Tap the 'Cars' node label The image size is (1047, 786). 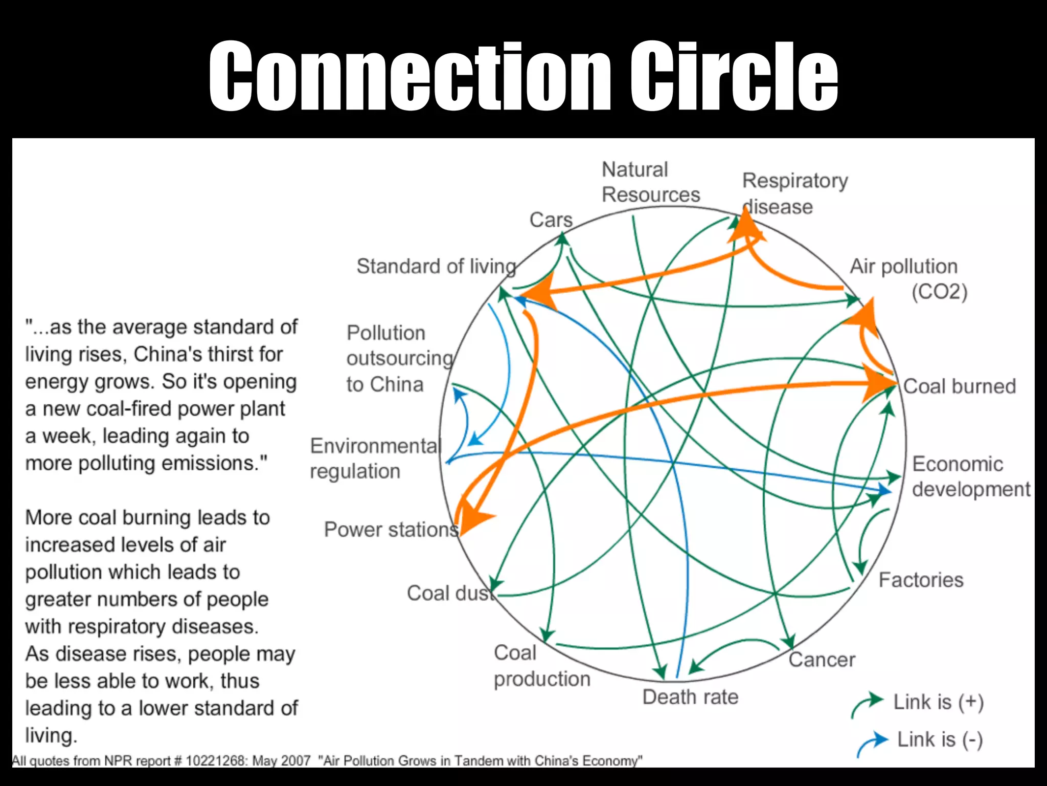551,220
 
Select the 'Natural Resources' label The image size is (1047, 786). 650,182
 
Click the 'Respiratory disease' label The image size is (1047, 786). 794,193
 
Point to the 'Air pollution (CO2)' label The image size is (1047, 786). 907,279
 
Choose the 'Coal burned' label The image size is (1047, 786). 959,386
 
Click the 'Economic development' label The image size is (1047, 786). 970,476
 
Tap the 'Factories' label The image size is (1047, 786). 921,580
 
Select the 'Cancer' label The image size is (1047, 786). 822,660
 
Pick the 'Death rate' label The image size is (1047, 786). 690,697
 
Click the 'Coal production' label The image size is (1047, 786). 541,666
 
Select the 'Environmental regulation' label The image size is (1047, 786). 374,458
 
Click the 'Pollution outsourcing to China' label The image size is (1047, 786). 399,358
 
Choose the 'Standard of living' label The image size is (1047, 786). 436,266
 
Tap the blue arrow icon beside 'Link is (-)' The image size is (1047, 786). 872,743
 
